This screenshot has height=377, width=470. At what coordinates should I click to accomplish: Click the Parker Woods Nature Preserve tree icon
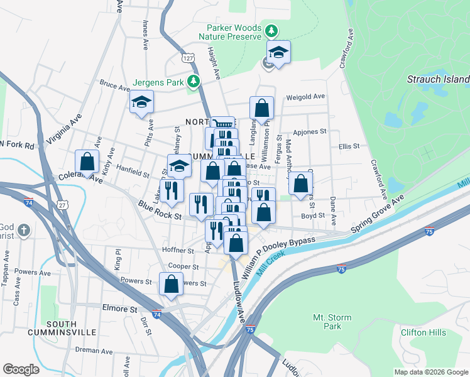point(271,31)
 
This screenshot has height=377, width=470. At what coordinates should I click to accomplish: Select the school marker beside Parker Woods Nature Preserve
point(278,53)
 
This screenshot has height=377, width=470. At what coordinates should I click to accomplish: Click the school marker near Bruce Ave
point(141,102)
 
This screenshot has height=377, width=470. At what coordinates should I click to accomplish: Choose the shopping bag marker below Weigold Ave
point(261,108)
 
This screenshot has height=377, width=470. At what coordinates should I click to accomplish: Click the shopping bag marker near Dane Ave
point(301,183)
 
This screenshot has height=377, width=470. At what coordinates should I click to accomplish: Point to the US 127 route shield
point(188,58)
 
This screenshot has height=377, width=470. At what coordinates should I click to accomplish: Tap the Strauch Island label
point(438,80)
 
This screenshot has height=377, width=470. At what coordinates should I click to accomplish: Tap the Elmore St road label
point(119,309)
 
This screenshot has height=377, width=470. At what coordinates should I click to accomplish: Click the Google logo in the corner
point(21,369)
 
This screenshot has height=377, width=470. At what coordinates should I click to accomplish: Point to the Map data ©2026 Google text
point(430,372)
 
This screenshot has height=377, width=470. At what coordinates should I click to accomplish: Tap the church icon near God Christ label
point(23,229)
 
